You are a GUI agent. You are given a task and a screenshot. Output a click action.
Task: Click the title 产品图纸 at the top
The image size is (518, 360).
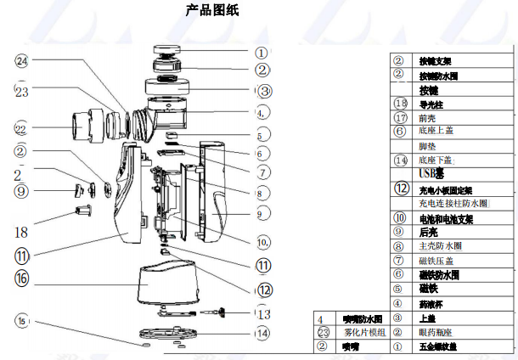[x=212, y=11]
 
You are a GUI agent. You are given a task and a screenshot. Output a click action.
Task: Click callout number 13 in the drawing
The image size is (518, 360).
[x=264, y=313]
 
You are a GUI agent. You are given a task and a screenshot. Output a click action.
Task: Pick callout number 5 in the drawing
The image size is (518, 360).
[x=263, y=134]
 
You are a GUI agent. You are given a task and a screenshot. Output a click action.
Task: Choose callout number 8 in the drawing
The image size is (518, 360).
[x=263, y=193]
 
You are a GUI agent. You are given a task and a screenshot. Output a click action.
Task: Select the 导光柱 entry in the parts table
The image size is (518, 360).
[x=432, y=104]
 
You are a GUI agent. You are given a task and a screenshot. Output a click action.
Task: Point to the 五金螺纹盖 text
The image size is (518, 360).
[x=438, y=346]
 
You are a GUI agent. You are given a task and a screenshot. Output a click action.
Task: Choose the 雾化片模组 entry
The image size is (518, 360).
[x=364, y=332]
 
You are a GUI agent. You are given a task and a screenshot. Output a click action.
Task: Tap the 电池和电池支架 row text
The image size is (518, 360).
[x=446, y=218]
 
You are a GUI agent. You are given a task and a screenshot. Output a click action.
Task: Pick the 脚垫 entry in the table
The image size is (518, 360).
[x=428, y=146]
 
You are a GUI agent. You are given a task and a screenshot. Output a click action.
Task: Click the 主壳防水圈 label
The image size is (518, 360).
[x=440, y=246]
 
